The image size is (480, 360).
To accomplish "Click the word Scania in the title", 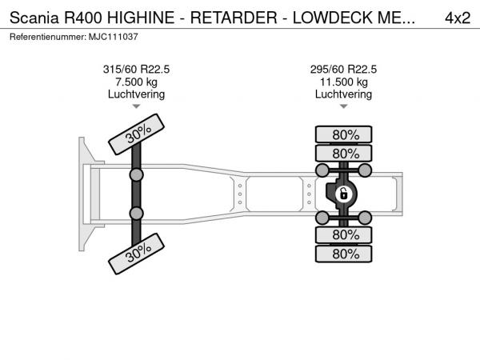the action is click(34, 18).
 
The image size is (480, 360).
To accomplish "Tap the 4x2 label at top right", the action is click(458, 18).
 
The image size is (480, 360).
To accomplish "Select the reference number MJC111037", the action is click(114, 37).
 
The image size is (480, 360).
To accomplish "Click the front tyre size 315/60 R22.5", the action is click(136, 69).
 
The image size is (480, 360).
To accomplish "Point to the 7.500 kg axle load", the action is click(136, 82).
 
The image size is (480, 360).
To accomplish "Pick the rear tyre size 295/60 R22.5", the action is click(343, 69).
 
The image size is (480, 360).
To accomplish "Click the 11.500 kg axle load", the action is click(344, 82).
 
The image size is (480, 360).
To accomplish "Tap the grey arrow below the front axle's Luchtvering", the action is click(136, 106).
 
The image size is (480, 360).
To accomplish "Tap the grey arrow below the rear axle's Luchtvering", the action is click(344, 106).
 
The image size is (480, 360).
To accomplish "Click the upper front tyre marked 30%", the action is click(137, 134).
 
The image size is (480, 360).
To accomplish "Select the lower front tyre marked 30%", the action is click(137, 254).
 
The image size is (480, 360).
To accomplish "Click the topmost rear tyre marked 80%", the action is click(344, 134).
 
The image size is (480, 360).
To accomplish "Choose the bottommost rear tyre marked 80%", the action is click(344, 254).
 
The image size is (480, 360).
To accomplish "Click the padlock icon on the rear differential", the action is click(343, 194).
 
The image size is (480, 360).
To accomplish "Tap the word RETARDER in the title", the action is click(234, 18).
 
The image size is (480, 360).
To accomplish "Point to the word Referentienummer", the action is click(48, 37).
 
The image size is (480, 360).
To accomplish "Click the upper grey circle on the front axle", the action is click(136, 175).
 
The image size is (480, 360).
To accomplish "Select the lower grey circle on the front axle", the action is click(136, 214).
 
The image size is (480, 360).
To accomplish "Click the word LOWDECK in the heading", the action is click(333, 18).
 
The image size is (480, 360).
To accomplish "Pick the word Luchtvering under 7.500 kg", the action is click(136, 94).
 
